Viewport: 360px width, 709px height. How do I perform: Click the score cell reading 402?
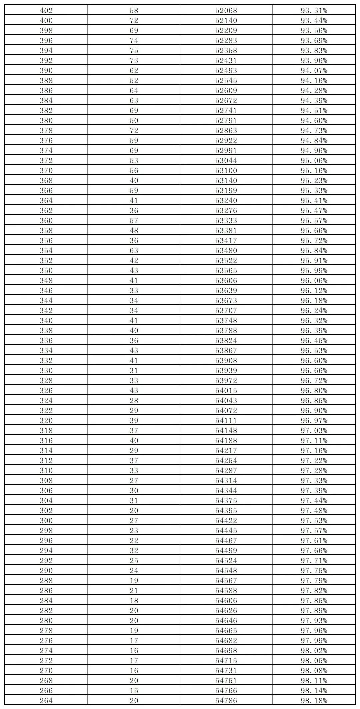pyautogui.click(x=46, y=11)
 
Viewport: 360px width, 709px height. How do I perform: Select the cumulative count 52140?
pyautogui.click(x=226, y=21)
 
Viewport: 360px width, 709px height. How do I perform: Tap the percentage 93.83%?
pyautogui.click(x=314, y=51)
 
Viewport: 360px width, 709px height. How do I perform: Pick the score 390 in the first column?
pyautogui.click(x=46, y=71)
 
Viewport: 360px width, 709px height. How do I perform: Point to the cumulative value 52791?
pyautogui.click(x=226, y=121)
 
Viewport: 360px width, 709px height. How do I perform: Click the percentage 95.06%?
pyautogui.click(x=314, y=161)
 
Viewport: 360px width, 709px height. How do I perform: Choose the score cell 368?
pyautogui.click(x=46, y=181)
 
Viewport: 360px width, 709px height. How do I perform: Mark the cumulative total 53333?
pyautogui.click(x=226, y=221)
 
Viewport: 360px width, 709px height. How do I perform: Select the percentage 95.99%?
pyautogui.click(x=314, y=271)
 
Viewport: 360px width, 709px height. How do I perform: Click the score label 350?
pyautogui.click(x=46, y=271)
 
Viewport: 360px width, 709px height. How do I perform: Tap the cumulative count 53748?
pyautogui.click(x=226, y=321)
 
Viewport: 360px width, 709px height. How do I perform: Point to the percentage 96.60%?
pyautogui.click(x=314, y=361)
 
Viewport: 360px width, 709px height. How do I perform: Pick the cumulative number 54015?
pyautogui.click(x=226, y=391)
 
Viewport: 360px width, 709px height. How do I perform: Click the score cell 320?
pyautogui.click(x=46, y=421)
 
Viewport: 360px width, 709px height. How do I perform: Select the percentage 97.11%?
pyautogui.click(x=314, y=441)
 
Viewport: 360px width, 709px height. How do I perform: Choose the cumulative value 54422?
pyautogui.click(x=226, y=521)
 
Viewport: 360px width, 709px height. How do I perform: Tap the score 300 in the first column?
pyautogui.click(x=46, y=521)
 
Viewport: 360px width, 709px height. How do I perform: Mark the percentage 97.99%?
pyautogui.click(x=314, y=641)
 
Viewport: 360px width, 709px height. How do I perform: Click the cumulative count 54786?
pyautogui.click(x=226, y=701)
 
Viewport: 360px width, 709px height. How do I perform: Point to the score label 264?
pyautogui.click(x=46, y=701)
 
